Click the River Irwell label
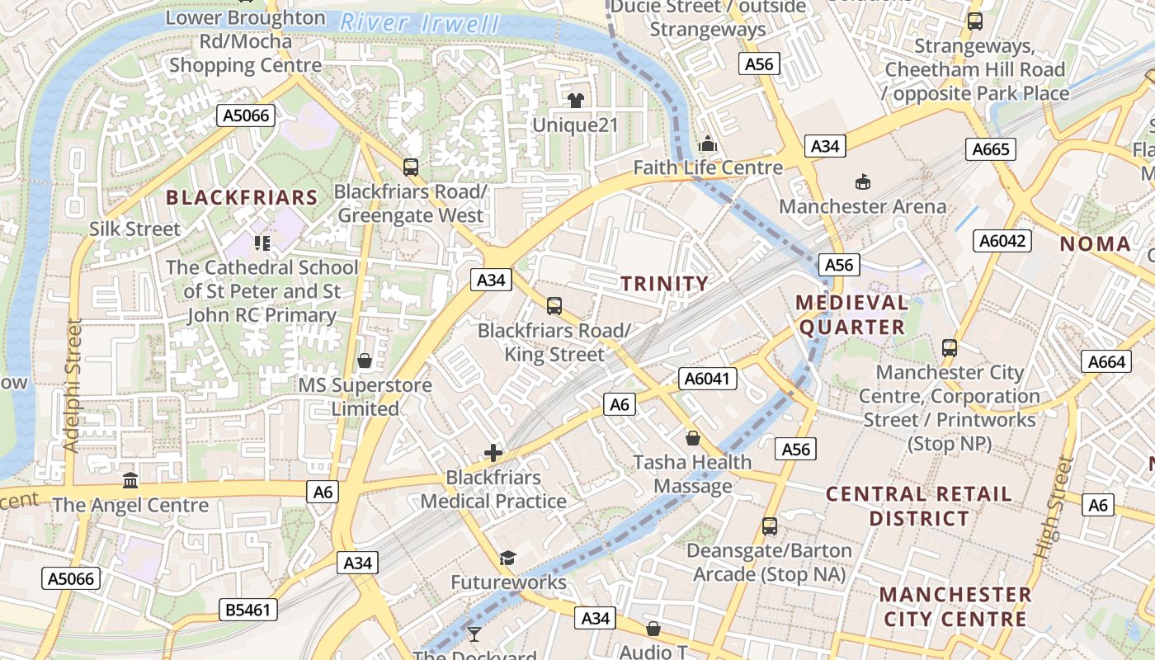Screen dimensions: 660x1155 coord(420,23)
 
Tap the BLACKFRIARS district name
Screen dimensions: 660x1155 coord(242,197)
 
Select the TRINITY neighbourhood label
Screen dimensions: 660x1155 coord(664,284)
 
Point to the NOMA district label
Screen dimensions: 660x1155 coord(1095,243)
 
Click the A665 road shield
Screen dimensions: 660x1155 coord(990,149)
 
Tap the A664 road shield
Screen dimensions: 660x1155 coord(1105,361)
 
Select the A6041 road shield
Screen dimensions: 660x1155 coord(707,379)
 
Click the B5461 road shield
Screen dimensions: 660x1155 coord(248,610)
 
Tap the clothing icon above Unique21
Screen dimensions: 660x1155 coord(575,101)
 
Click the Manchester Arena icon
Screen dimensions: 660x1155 coord(863,181)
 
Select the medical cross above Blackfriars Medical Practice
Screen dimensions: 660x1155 coord(493,452)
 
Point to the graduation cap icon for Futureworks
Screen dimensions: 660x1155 coord(507,559)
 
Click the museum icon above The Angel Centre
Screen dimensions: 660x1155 coord(130,480)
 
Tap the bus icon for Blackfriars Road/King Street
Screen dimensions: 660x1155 coord(554,306)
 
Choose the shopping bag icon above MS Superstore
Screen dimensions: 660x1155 coord(365,361)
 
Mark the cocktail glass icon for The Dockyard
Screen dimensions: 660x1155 coord(474,634)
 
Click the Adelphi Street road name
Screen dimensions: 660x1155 coord(73,385)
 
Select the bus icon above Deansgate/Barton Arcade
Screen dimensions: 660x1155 coord(770,526)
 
